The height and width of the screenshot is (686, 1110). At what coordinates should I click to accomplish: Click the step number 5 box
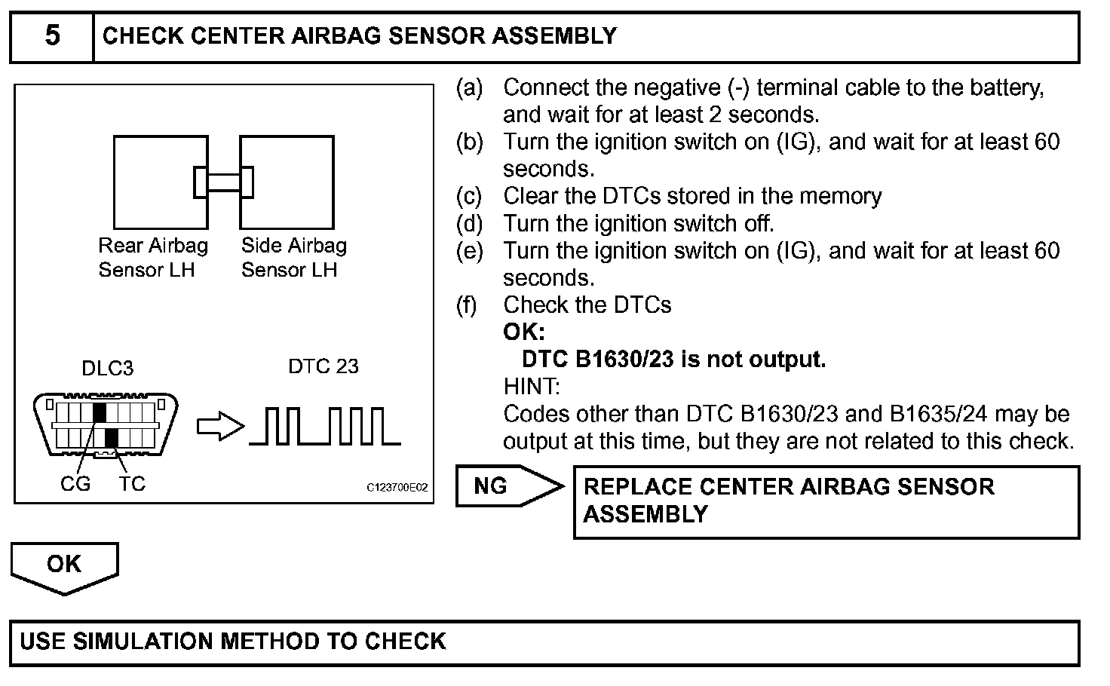pyautogui.click(x=52, y=36)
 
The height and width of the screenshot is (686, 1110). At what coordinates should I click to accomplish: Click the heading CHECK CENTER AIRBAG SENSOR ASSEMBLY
pyautogui.click(x=360, y=36)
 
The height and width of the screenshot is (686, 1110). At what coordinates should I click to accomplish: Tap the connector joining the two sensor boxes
pyautogui.click(x=223, y=182)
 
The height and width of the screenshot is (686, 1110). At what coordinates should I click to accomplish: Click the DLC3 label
pyautogui.click(x=107, y=369)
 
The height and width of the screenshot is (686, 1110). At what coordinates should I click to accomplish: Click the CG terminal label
pyautogui.click(x=75, y=484)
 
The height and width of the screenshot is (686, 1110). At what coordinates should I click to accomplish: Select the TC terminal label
pyautogui.click(x=131, y=484)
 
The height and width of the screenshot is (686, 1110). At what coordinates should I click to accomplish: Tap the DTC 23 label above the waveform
pyautogui.click(x=323, y=366)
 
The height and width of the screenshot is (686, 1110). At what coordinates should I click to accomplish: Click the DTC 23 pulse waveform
pyautogui.click(x=325, y=426)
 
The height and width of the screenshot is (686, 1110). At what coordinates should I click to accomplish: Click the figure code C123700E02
pyautogui.click(x=397, y=488)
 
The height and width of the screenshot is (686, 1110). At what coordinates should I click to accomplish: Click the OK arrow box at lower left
pyautogui.click(x=64, y=566)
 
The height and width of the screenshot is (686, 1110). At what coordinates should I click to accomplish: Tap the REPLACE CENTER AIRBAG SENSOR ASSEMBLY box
pyautogui.click(x=826, y=501)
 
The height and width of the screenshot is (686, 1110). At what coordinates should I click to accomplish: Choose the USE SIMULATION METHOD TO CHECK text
pyautogui.click(x=233, y=642)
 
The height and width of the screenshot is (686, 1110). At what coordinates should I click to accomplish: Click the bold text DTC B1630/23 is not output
pyautogui.click(x=673, y=360)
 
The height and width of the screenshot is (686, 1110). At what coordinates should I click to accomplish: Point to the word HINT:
pyautogui.click(x=532, y=387)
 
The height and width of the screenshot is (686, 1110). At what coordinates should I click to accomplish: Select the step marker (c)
pyautogui.click(x=469, y=197)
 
